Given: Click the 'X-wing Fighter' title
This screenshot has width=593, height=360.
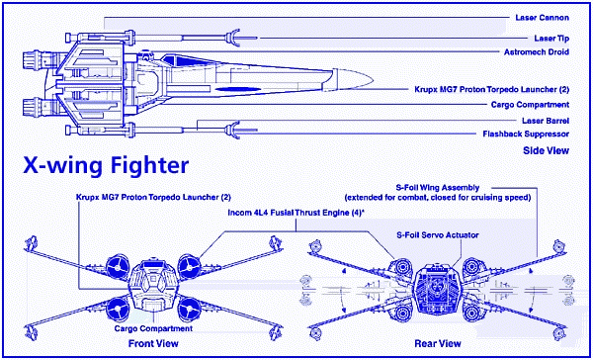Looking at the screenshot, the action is pyautogui.click(x=106, y=166).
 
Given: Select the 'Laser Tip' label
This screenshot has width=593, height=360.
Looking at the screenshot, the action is pyautogui.click(x=551, y=39).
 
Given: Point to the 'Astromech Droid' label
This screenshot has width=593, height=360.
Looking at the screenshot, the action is pyautogui.click(x=537, y=51).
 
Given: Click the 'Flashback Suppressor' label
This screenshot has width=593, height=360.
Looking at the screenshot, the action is pyautogui.click(x=526, y=134).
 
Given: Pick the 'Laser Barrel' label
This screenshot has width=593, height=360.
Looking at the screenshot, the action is pyautogui.click(x=545, y=121).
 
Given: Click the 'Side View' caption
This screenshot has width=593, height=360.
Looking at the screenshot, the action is pyautogui.click(x=546, y=150).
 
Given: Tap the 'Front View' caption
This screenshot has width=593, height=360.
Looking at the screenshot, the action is pyautogui.click(x=153, y=344).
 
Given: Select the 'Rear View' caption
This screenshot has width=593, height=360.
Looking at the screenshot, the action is pyautogui.click(x=438, y=344).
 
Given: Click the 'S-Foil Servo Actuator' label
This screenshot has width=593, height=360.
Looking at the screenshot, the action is pyautogui.click(x=438, y=235).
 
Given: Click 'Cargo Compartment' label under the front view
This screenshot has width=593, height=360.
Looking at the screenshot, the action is pyautogui.click(x=153, y=328).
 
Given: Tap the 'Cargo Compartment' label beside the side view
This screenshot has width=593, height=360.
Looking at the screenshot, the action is pyautogui.click(x=530, y=104).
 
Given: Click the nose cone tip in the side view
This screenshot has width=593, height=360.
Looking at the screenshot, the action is pyautogui.click(x=373, y=80).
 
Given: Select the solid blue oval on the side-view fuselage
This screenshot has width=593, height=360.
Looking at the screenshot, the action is pyautogui.click(x=238, y=89).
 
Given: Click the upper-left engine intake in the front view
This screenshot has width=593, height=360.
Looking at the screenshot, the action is pyautogui.click(x=117, y=268).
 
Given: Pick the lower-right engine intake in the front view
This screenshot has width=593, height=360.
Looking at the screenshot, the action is pyautogui.click(x=188, y=310).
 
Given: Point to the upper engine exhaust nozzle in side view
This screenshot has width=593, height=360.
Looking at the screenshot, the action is pyautogui.click(x=32, y=61).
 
